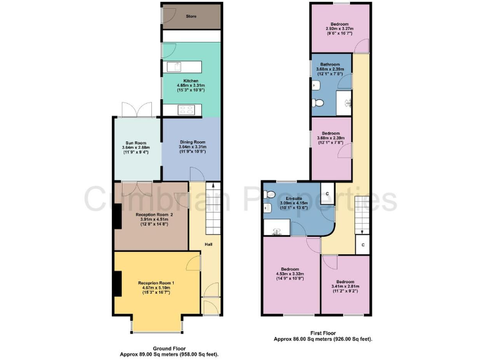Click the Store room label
pyautogui.click(x=191, y=16)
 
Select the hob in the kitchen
pyautogui.click(x=186, y=110)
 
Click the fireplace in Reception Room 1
pyautogui.click(x=117, y=284)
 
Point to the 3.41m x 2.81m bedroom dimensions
pyautogui.click(x=345, y=289)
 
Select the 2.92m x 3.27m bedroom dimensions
pyautogui.click(x=339, y=28)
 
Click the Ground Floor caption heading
pyautogui.click(x=169, y=349)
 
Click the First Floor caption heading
pyautogui.click(x=323, y=334)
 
